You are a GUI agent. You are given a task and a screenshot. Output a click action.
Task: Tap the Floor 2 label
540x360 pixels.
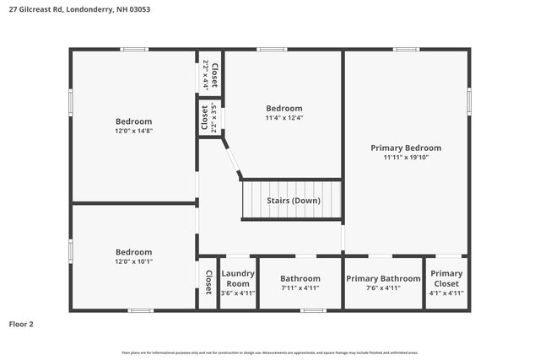click(21, 324)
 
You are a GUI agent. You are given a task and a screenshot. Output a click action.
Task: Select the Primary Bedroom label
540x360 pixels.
click(406, 148)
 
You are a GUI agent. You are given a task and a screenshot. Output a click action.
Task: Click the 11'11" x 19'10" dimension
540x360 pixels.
click(406, 158)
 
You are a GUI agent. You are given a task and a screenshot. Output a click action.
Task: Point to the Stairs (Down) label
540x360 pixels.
click(293, 201)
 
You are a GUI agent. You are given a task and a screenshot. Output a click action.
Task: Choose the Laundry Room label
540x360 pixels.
click(237, 278)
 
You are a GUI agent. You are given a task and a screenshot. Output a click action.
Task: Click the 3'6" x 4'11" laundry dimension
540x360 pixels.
click(237, 293)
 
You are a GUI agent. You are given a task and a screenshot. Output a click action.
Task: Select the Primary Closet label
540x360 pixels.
click(446, 278)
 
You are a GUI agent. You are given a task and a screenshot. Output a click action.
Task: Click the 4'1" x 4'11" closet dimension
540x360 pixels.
click(446, 293)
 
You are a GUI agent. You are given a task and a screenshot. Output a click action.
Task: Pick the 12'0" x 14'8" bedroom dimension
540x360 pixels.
click(133, 131)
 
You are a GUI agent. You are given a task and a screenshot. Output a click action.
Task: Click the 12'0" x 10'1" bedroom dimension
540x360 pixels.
click(133, 261)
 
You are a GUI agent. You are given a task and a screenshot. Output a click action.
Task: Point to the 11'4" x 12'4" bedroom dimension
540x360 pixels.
click(283, 117)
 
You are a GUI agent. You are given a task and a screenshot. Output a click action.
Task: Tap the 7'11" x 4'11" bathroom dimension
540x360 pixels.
click(300, 288)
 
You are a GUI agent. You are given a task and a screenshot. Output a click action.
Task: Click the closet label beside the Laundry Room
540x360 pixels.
click(208, 282)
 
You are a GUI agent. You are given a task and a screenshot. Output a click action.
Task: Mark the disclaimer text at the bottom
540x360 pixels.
click(269, 352)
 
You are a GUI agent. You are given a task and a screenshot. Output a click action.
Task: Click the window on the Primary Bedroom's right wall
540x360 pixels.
click(469, 99)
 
